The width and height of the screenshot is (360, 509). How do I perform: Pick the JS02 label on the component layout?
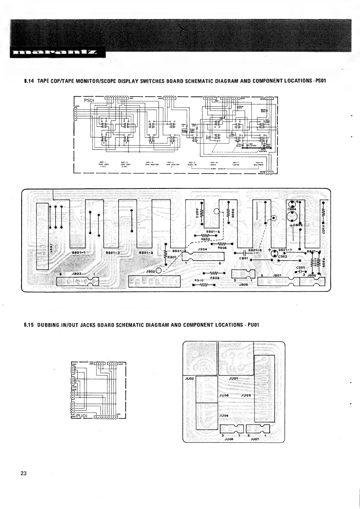(151, 271)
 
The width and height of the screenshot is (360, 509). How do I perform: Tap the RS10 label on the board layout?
(198, 280)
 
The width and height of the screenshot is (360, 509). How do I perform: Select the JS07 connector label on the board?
(277, 275)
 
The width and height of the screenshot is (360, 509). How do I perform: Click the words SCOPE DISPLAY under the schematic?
(218, 169)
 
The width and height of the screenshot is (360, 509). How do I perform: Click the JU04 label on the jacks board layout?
(223, 415)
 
